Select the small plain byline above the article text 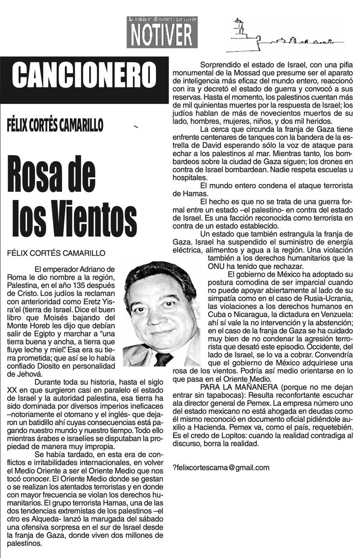coord(56,253)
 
